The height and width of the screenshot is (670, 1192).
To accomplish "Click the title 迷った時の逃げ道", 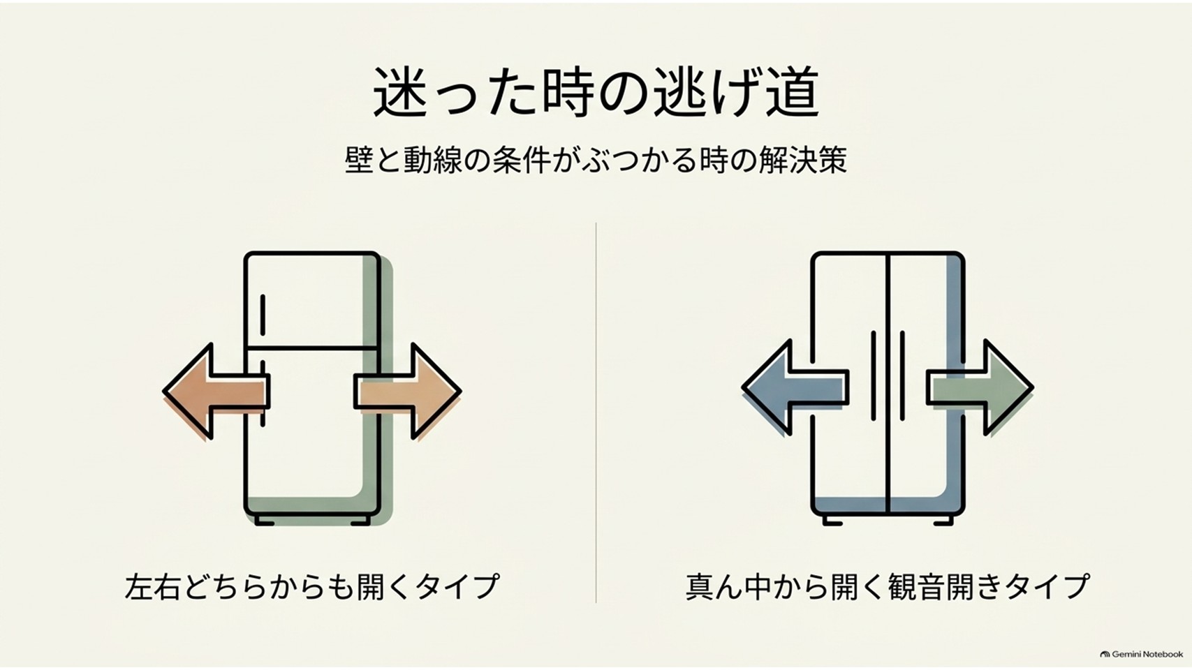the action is click(x=596, y=92).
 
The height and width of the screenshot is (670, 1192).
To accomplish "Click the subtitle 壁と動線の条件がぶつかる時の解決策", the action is click(x=596, y=160).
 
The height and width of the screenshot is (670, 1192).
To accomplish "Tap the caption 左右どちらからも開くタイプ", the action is click(x=312, y=586).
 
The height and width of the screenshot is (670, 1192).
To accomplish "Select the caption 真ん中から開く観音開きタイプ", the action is click(x=888, y=586).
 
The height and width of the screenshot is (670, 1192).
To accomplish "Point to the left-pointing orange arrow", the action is click(x=216, y=392).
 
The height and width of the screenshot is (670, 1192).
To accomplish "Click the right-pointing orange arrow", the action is click(x=408, y=392).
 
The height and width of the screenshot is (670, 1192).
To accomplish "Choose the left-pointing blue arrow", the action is click(x=795, y=387).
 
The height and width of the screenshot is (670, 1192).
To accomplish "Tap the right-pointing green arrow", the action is click(x=980, y=387).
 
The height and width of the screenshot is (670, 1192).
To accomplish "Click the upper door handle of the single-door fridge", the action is click(x=263, y=314).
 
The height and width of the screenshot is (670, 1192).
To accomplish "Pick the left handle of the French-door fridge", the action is click(x=874, y=375).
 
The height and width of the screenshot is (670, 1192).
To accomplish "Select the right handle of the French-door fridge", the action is click(x=902, y=375).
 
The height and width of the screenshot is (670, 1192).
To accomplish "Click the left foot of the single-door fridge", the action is click(x=265, y=521).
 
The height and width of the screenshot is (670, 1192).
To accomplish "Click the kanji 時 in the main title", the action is click(x=566, y=92).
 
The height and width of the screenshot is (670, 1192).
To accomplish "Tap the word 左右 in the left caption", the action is click(x=152, y=586).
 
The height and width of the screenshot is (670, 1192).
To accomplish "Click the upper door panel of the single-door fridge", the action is click(x=312, y=300).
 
